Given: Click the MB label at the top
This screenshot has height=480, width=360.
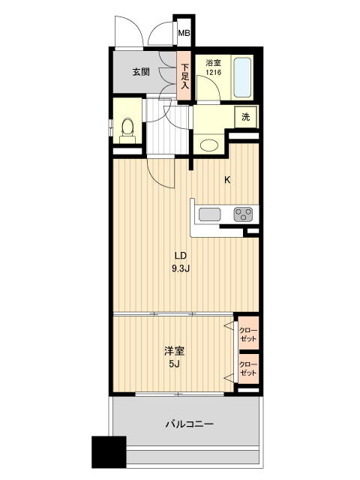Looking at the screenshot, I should click(x=184, y=33).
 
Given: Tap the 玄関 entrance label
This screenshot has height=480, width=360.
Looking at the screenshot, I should click(x=142, y=73).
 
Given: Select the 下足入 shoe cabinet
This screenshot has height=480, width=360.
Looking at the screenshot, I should click(x=184, y=75).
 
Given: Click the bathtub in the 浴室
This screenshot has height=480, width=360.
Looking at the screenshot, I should click(x=242, y=76).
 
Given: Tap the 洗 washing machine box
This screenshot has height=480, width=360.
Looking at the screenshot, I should click(x=246, y=117).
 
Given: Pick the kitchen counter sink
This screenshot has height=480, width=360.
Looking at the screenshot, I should click(x=209, y=214).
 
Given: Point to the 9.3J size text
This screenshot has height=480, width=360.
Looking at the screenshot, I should click(x=181, y=268).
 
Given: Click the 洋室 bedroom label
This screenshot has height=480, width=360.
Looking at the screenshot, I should click(x=173, y=350).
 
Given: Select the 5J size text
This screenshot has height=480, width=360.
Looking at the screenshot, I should click(x=173, y=364).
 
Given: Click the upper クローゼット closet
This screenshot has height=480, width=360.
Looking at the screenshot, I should click(x=248, y=333).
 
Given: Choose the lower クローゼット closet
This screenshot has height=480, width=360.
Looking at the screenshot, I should click(x=248, y=370).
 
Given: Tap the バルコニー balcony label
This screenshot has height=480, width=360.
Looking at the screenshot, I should click(x=189, y=424).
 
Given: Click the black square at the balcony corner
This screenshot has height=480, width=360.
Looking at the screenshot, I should click(x=108, y=452).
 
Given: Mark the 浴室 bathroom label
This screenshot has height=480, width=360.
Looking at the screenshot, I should click(x=212, y=63).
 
